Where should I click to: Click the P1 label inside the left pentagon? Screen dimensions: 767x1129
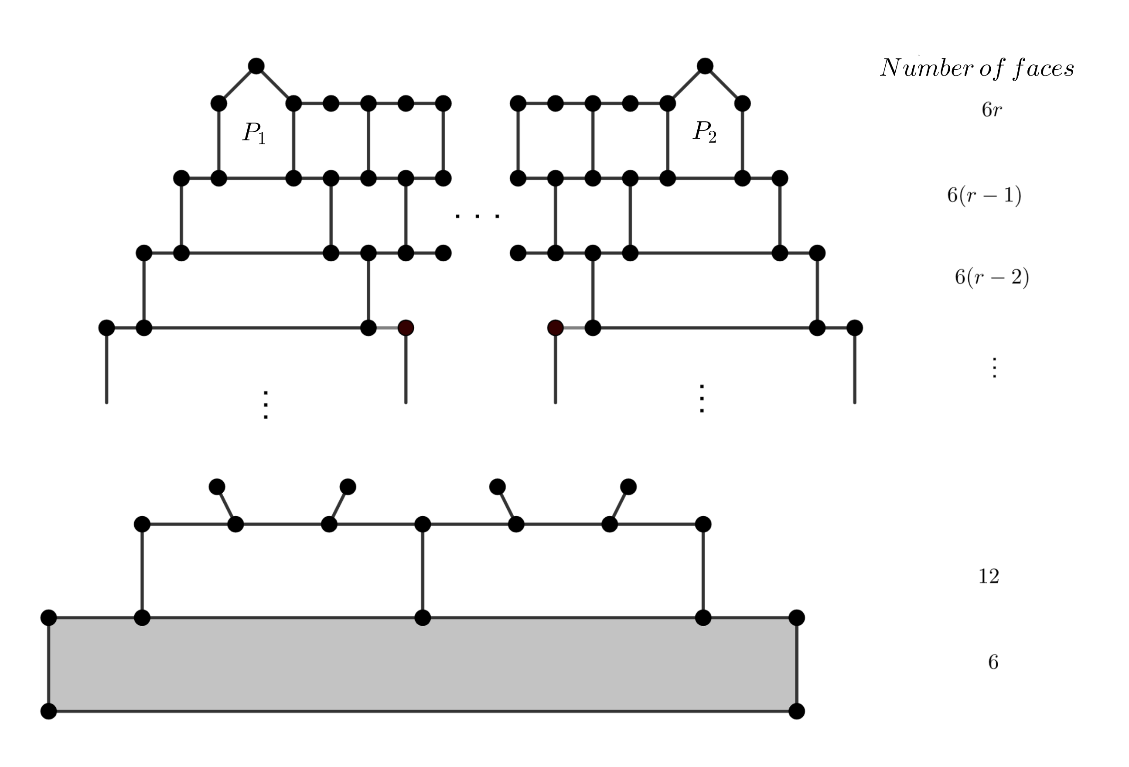254,133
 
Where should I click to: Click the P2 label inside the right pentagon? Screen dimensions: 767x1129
704,132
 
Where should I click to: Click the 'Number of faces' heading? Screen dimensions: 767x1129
977,68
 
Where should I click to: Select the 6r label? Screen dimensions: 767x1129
992,110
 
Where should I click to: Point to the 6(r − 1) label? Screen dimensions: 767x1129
984,195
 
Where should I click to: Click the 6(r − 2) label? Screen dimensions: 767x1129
992,277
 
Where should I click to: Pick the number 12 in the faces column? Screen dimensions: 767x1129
989,576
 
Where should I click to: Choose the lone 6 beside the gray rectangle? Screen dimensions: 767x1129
993,662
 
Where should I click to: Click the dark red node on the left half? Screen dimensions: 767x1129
406,328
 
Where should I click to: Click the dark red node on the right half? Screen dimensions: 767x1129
555,328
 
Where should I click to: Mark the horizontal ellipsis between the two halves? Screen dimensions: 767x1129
477,216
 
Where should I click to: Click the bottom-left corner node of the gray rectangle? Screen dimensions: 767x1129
48,711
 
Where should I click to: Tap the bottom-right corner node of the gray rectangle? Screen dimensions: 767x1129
797,711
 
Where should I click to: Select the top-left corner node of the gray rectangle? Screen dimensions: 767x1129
48,618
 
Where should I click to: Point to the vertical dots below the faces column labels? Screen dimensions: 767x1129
994,368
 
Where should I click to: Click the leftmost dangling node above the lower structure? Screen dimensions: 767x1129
217,486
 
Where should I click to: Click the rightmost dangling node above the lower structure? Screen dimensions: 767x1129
628,486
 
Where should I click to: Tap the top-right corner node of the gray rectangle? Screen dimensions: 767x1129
797,618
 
